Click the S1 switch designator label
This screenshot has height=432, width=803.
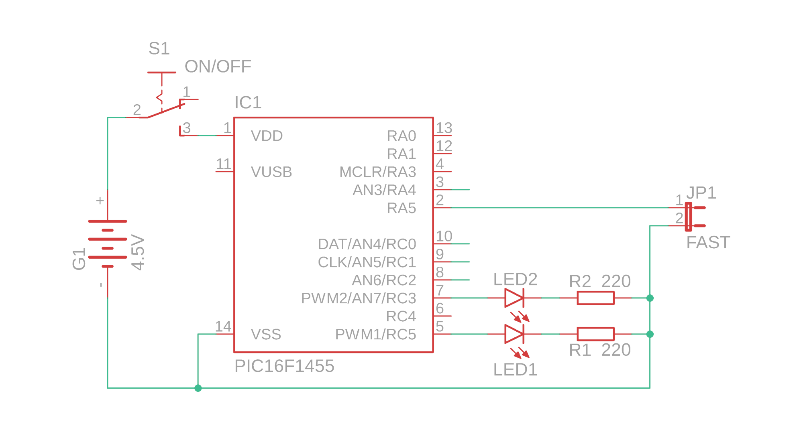click(x=159, y=49)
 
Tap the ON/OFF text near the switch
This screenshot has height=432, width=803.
click(x=218, y=67)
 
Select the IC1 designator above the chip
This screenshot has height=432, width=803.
click(x=248, y=103)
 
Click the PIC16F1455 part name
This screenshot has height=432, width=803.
click(x=284, y=366)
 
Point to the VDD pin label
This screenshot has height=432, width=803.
click(x=267, y=136)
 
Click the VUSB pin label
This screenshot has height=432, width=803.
click(x=271, y=172)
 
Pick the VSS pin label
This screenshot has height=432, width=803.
click(x=266, y=334)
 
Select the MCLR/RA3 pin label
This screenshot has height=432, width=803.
click(x=377, y=172)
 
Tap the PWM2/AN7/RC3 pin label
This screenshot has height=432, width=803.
click(x=358, y=298)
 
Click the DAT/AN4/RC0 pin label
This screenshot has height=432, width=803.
click(x=367, y=244)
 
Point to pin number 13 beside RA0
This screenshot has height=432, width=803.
click(x=444, y=128)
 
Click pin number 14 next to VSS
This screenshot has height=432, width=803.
click(x=223, y=327)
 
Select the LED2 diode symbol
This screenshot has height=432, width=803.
click(x=514, y=298)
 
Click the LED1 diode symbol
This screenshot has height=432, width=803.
click(x=514, y=334)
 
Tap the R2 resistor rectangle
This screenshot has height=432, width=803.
click(x=595, y=298)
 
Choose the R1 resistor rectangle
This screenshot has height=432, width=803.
click(x=595, y=334)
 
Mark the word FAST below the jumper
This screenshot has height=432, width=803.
click(x=708, y=243)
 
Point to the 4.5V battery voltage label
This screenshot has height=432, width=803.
click(x=138, y=252)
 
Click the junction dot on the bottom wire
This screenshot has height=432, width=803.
click(x=198, y=388)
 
